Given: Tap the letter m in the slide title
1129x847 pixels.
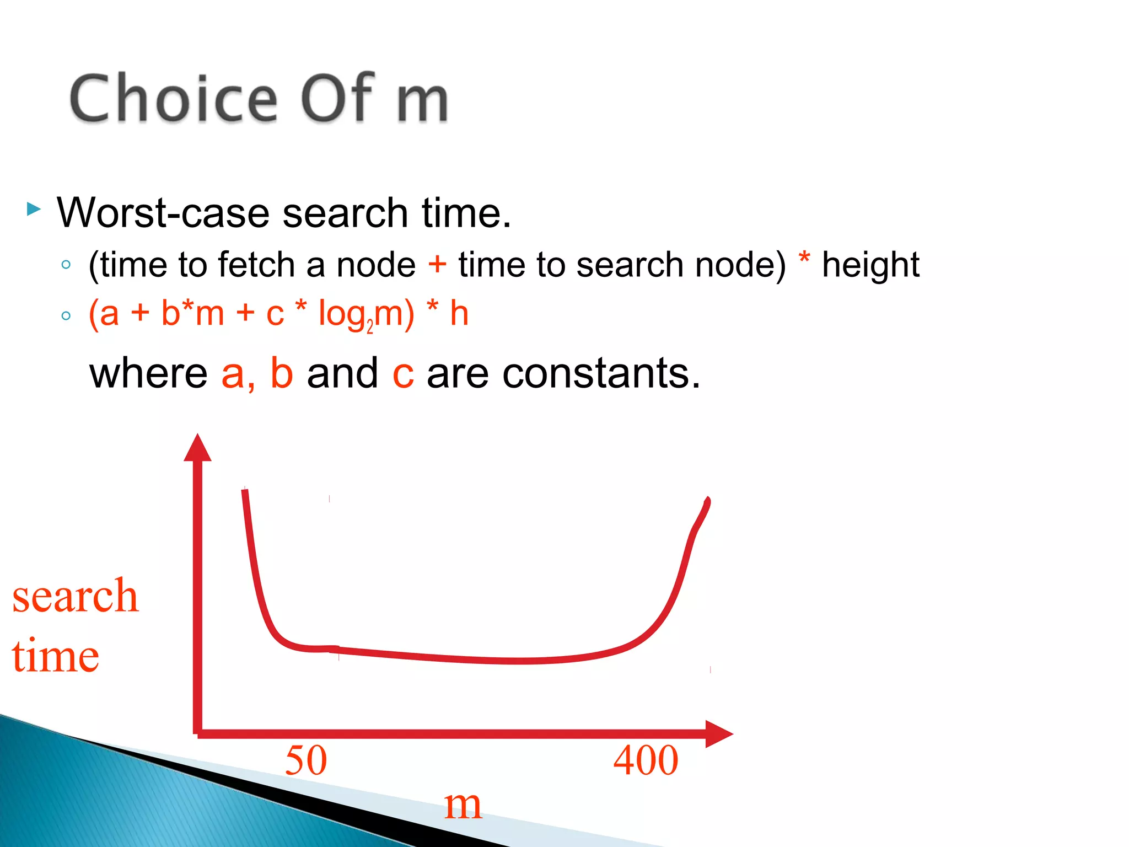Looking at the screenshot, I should coord(422,102).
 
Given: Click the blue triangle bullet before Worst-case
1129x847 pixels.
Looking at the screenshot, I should coord(34,210).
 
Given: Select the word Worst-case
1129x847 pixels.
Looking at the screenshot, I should coord(163,213).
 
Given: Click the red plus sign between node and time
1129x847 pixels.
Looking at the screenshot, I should coord(437,264).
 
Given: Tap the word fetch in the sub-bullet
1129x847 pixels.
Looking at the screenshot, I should coord(256,265).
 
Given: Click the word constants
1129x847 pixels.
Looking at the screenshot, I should coord(601,373).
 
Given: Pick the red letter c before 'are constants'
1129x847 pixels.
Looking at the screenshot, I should coord(403,375).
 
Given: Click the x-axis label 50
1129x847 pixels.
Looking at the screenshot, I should coord(306,760).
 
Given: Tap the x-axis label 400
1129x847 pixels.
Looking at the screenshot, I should coord(646,760).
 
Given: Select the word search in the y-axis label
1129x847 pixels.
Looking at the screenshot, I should coord(75,597).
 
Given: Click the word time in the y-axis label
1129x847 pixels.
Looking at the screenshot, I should coord(55,656).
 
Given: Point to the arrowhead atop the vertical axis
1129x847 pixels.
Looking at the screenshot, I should coord(197,448).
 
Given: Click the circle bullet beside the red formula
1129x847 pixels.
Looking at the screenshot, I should coord(66,316).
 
